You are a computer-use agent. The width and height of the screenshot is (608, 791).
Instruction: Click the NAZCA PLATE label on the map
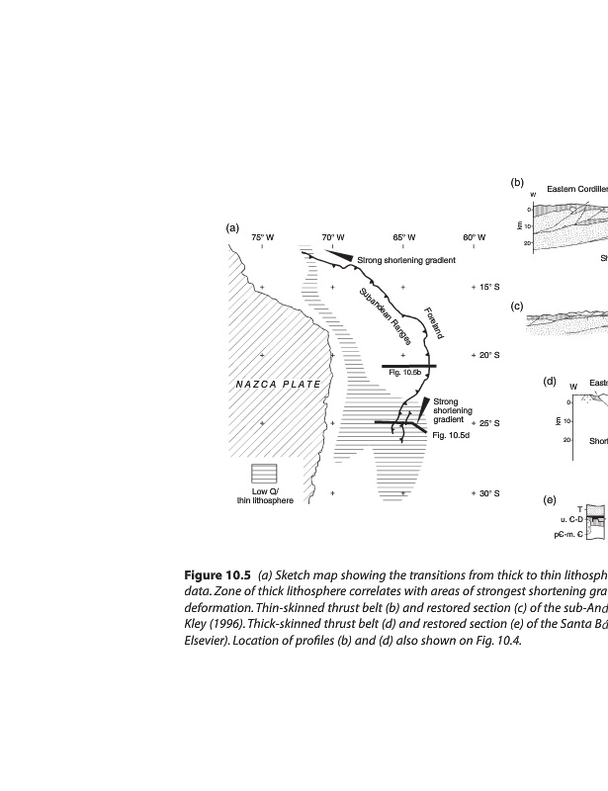[277, 384]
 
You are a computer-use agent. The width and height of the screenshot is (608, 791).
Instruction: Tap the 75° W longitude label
[262, 237]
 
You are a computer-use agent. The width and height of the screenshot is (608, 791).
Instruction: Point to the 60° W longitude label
[474, 237]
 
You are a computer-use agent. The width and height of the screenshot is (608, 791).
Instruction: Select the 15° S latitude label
[485, 287]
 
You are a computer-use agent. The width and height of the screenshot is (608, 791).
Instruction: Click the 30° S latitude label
[485, 492]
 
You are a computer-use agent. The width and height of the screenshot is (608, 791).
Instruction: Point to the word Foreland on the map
[433, 322]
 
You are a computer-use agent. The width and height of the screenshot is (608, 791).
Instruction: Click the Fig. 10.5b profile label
[405, 373]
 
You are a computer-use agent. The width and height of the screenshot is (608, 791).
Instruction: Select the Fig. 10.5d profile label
[450, 435]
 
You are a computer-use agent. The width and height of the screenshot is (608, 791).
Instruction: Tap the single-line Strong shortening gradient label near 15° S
[405, 260]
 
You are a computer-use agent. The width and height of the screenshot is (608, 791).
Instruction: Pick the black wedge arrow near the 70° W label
[340, 255]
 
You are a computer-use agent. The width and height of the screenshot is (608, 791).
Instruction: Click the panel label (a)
[232, 226]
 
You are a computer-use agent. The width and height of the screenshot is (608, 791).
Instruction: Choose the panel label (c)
[516, 306]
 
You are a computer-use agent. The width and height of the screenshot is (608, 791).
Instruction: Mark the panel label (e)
[549, 499]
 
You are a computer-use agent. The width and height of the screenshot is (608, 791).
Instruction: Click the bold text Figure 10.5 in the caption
[217, 575]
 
